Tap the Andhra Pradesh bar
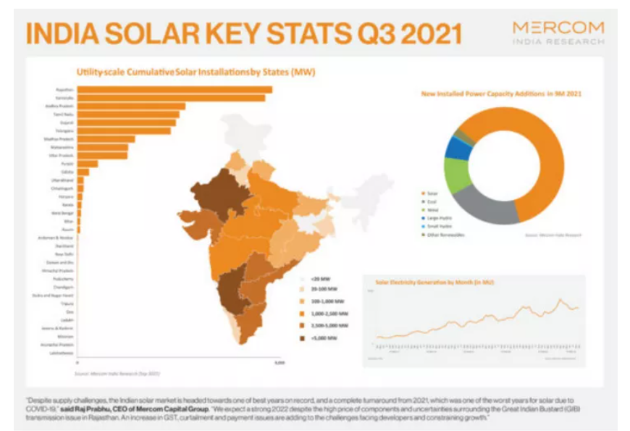(x=131, y=106)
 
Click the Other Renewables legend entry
(x=446, y=235)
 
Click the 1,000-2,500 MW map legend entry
(x=327, y=313)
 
